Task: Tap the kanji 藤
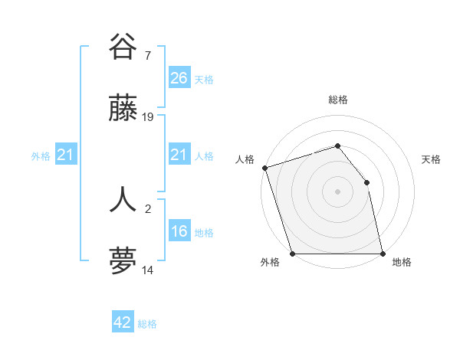point(123,110)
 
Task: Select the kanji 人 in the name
point(123,198)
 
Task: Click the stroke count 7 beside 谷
point(147,54)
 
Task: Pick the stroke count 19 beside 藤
point(148,117)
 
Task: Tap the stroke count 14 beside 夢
point(148,270)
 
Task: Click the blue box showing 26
point(179,77)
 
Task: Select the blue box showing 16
point(179,232)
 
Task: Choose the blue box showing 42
point(122,322)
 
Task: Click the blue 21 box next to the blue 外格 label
point(65,155)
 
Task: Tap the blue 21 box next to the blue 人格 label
point(179,155)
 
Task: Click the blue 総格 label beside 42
point(147,324)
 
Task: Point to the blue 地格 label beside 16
point(204,233)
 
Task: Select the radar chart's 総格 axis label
point(337,100)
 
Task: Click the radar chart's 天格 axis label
point(431,159)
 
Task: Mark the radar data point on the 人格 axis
point(264,168)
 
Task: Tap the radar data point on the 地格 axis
point(383,254)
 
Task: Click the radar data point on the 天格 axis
point(366,182)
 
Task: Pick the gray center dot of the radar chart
point(337,191)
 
